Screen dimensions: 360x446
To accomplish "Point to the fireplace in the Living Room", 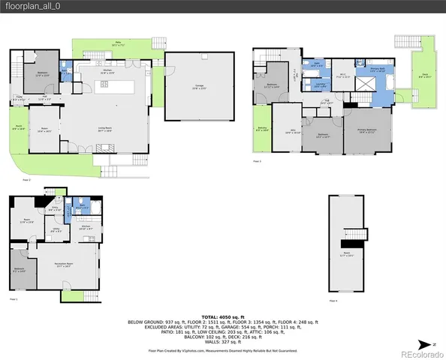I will point(103,151).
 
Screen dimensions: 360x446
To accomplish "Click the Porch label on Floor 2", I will point(20,127).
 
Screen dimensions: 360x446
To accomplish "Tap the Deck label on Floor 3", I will point(424,76).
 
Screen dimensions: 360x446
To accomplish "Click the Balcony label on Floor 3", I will point(262,130).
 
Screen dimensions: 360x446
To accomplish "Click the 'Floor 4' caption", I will point(333,301).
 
